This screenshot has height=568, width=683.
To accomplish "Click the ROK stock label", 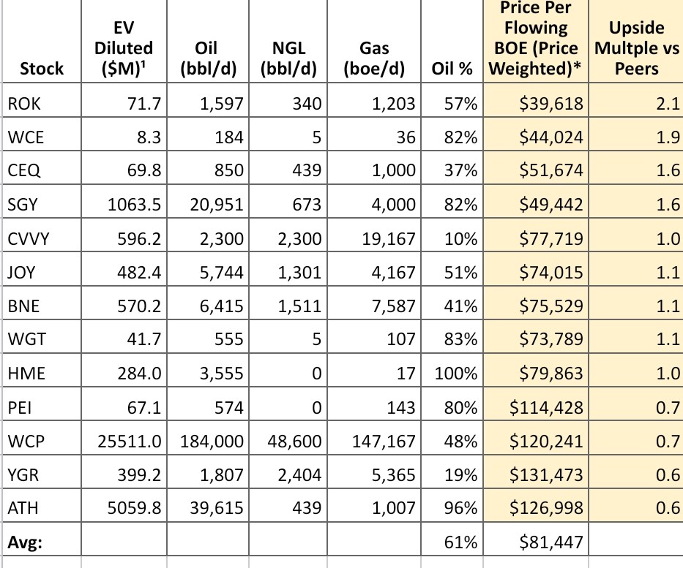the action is [24, 104].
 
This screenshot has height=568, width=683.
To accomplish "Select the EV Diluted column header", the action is [124, 48].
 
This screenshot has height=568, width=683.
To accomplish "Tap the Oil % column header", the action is [452, 68].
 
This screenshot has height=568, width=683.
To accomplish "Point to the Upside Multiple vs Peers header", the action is [637, 48].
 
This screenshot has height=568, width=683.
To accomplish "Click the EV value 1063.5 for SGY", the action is [134, 205].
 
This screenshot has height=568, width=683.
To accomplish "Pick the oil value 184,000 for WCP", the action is [212, 442].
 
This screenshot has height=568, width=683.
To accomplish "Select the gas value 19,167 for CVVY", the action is [389, 239].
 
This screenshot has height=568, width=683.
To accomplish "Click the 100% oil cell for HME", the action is [455, 374].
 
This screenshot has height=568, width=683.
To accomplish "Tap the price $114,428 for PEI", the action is [546, 407].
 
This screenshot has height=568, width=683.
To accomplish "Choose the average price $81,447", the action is [551, 542].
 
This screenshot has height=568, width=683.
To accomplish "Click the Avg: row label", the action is [25, 542].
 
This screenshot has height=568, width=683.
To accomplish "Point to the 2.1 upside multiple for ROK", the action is [668, 104].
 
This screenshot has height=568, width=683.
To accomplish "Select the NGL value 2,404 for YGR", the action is [299, 475].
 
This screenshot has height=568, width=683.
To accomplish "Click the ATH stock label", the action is [23, 508].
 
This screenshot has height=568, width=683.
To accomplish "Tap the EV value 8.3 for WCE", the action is [149, 137].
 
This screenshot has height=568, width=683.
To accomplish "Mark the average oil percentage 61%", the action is [461, 542].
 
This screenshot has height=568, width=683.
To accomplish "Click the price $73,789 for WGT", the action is [551, 339].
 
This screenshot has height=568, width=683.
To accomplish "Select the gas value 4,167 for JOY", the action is [393, 273].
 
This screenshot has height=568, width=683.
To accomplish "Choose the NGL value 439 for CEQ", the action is [307, 170].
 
